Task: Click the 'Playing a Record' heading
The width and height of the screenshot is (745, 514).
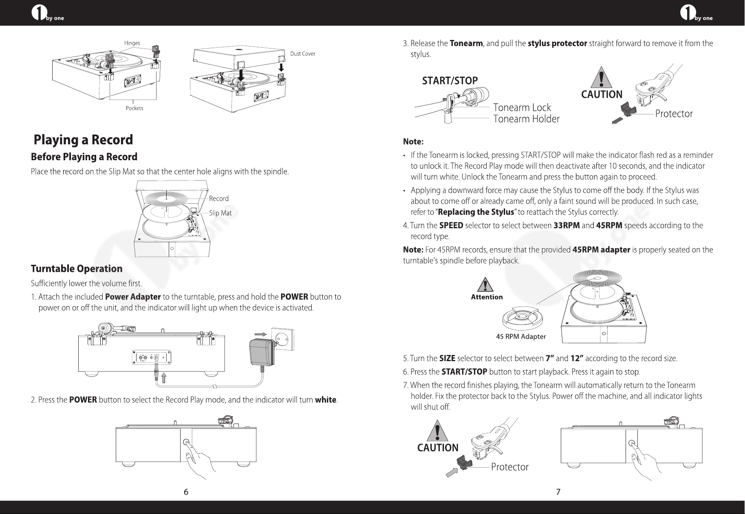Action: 83,140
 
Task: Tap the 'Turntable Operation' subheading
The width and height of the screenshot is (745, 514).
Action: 77,269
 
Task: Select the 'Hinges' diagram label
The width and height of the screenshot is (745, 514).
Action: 132,43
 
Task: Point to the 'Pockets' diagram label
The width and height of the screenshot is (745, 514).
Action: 134,108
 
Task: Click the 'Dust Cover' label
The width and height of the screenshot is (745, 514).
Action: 302,54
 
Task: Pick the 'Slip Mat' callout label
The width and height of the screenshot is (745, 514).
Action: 220,213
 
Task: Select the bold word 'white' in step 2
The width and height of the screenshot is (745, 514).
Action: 326,400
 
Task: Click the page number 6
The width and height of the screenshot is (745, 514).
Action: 186,492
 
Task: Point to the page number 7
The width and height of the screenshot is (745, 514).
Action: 558,492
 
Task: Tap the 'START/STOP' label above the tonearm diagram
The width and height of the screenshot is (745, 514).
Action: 450,81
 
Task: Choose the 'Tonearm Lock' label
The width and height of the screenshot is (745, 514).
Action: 522,108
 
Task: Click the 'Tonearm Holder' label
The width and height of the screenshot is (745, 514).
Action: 527,119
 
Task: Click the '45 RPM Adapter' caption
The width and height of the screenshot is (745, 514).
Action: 521,337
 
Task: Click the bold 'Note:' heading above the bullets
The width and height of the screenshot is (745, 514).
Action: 413,142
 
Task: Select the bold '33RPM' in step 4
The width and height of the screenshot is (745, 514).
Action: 566,226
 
